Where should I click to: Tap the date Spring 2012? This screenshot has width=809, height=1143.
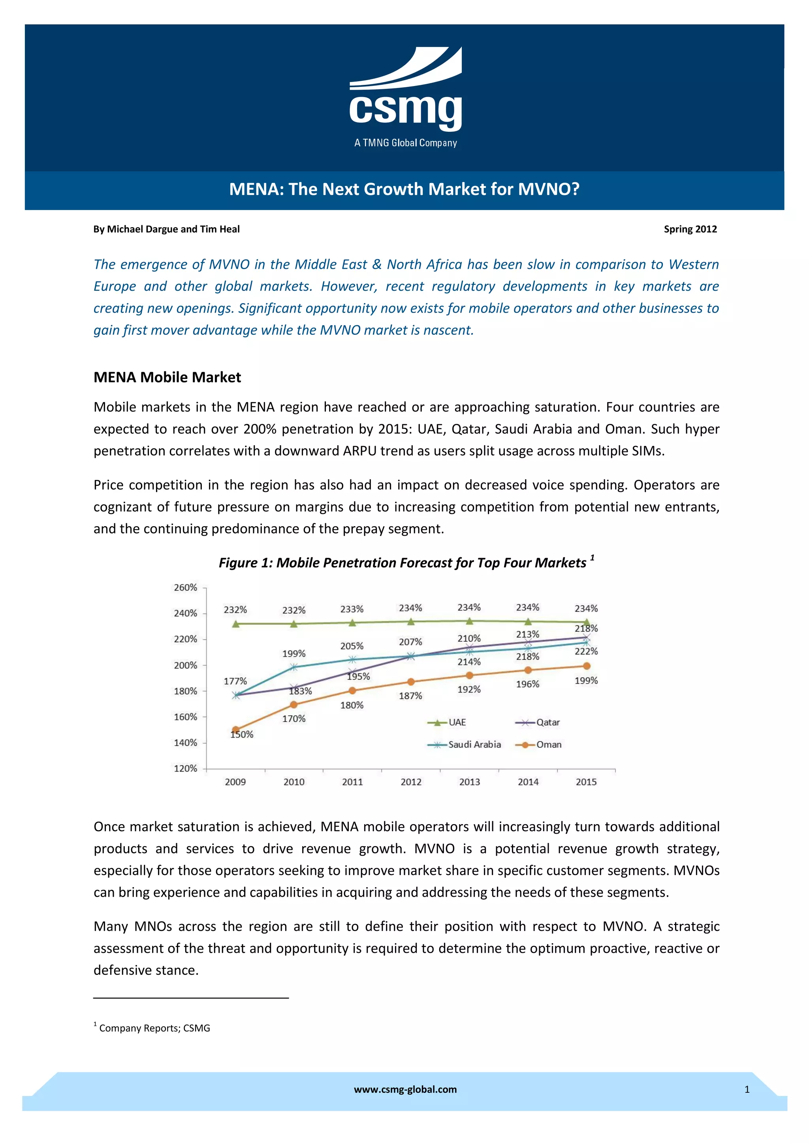690,229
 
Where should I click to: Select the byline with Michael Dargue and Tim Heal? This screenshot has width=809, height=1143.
166,229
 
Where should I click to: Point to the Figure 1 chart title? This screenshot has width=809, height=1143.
403,562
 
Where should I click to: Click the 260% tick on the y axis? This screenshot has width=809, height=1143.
185,587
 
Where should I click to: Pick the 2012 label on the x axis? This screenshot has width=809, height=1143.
411,782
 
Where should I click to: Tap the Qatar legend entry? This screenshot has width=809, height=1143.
538,722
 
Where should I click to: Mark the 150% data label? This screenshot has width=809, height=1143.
242,735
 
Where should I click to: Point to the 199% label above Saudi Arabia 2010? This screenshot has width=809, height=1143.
294,654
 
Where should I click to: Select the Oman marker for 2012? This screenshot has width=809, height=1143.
411,682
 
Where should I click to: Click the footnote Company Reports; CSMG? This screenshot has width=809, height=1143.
154,1029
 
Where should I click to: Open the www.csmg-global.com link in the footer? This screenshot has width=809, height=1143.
405,1090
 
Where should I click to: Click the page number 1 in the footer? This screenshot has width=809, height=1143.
747,1090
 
